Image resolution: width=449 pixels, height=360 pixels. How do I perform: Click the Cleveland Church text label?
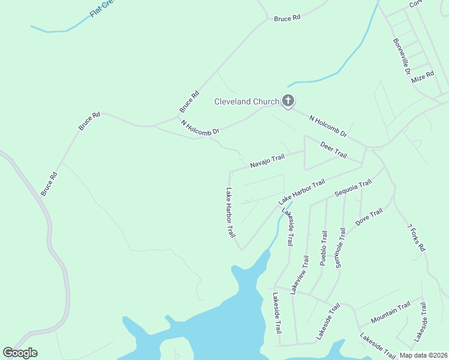[247, 101]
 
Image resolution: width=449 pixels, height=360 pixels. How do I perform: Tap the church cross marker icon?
[288, 101]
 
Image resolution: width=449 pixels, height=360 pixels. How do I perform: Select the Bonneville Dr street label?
[402, 57]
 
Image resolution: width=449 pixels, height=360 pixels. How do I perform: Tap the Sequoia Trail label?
[354, 189]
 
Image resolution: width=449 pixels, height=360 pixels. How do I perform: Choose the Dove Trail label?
[369, 217]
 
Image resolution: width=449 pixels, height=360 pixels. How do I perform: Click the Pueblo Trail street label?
[323, 248]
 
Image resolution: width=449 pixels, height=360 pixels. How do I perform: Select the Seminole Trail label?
[340, 247]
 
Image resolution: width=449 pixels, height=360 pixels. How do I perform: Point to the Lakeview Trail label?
[299, 274]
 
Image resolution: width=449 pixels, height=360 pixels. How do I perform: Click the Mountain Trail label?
[390, 312]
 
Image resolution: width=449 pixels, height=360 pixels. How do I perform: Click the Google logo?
[20, 353]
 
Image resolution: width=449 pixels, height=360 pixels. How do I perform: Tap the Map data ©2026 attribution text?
[423, 355]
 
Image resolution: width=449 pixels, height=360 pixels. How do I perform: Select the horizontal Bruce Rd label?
[286, 19]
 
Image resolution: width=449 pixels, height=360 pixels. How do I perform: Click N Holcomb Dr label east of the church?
[328, 126]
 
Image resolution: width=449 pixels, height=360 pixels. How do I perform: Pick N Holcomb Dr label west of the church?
[200, 127]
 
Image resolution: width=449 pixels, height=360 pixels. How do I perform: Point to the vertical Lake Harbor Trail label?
[230, 213]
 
